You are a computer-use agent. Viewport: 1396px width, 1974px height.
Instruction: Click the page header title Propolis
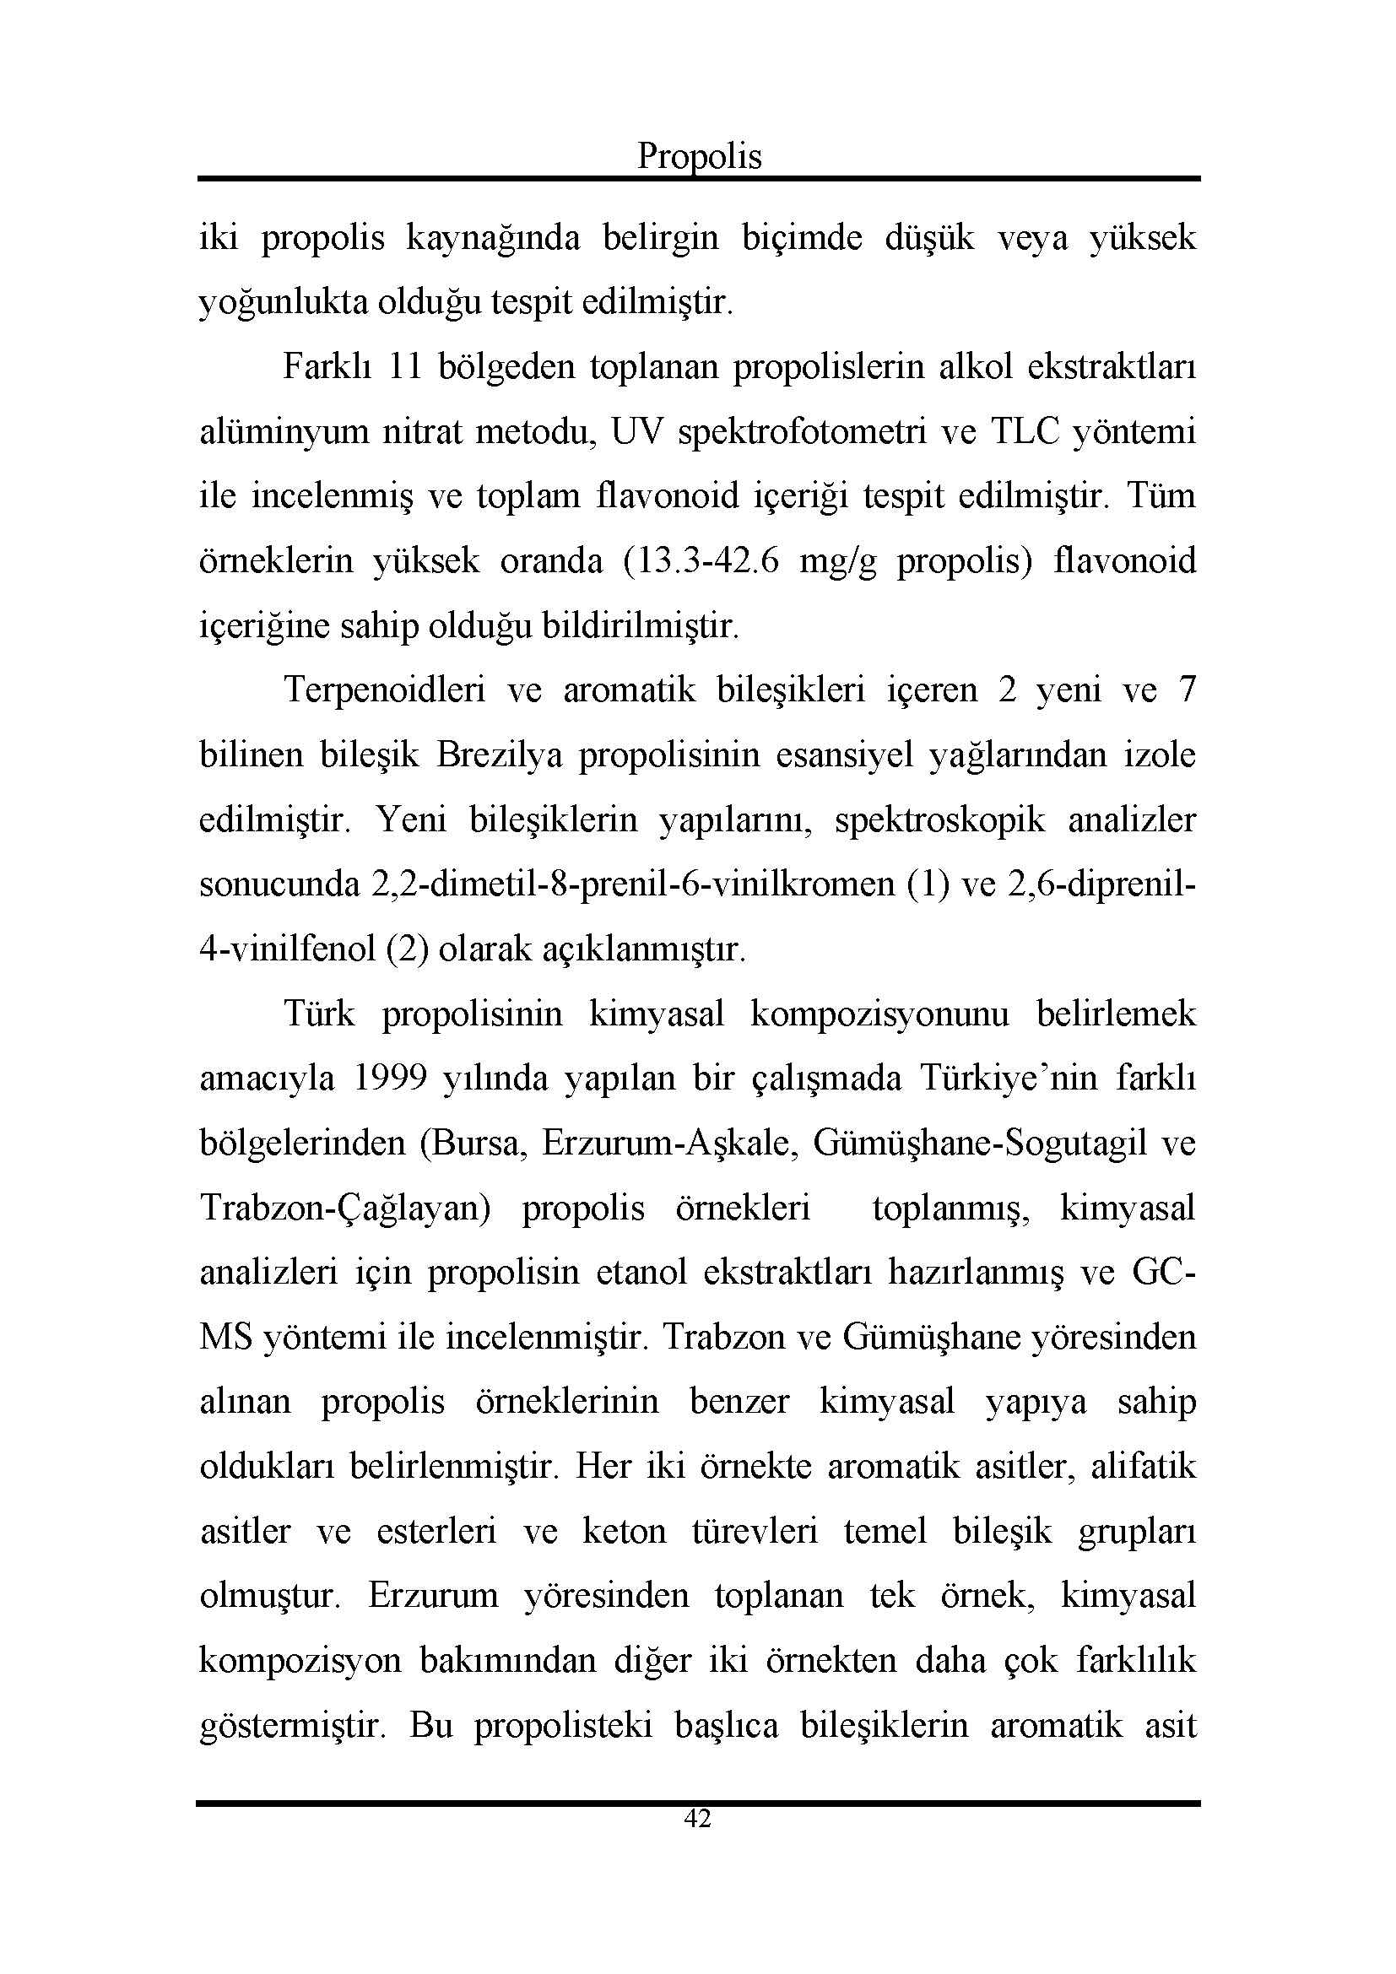[x=699, y=156]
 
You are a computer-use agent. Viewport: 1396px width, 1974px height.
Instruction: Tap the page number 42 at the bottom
[x=697, y=1819]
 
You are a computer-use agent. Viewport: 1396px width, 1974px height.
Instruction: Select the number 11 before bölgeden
[x=404, y=367]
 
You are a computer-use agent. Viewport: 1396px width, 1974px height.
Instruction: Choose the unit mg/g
[x=838, y=562]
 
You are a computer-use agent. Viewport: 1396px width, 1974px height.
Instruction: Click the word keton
[x=624, y=1531]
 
